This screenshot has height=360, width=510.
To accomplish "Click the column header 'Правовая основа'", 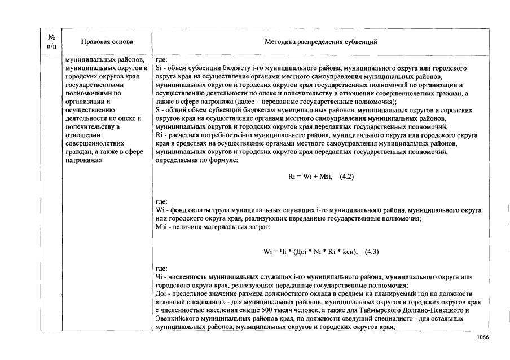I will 107,42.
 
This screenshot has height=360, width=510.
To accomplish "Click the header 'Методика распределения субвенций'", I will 320,42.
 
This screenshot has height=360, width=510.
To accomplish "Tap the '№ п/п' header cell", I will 51,42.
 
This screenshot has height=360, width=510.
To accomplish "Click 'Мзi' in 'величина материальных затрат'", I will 161,227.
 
